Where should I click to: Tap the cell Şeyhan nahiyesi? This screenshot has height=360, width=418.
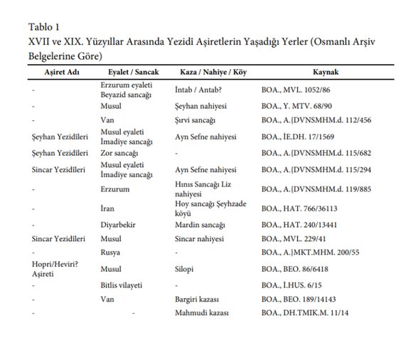tap(203, 106)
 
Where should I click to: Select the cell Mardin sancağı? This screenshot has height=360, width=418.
tap(202, 224)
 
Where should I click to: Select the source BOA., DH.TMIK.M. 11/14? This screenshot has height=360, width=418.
tap(310, 314)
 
